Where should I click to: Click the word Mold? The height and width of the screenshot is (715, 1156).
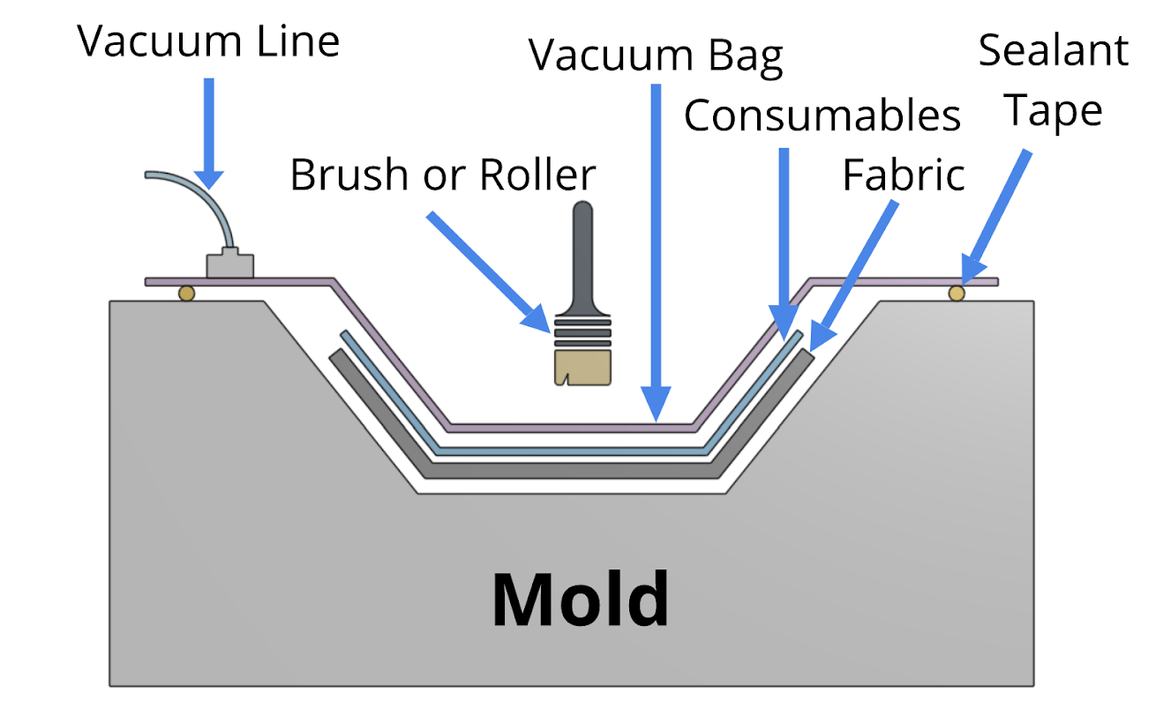pos(580,599)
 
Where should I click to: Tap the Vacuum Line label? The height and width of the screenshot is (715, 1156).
pos(209,41)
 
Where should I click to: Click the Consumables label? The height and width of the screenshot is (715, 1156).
pos(822,115)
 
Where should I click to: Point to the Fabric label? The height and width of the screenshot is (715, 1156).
pos(903,175)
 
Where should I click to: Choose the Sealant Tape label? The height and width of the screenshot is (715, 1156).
pos(1054,81)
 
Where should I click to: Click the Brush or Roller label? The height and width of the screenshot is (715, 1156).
pos(443,175)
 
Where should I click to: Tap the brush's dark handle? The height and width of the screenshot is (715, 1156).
pos(582,256)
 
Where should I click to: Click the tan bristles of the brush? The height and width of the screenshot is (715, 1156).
pos(582,367)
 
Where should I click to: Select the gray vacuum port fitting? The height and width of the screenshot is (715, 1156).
pos(229,265)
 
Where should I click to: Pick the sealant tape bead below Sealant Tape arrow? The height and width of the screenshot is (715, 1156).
pos(957,293)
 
